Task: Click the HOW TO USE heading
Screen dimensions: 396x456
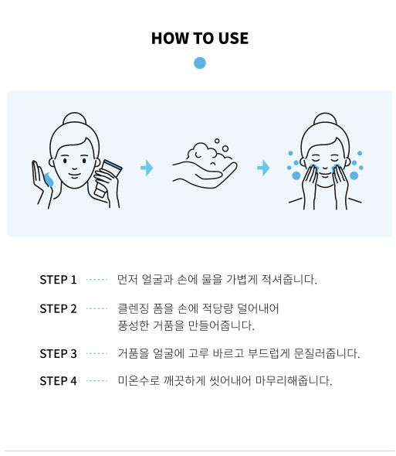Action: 200,39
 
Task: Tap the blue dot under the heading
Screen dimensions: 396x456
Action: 200,63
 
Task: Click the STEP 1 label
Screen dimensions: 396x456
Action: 58,280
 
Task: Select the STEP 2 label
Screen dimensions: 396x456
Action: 58,308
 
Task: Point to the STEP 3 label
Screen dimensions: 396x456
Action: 58,354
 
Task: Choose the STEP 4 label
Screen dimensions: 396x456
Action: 58,381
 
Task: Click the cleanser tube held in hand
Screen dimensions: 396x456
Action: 108,178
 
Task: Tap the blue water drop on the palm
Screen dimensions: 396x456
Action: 49,179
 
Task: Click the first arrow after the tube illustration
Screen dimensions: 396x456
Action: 147,168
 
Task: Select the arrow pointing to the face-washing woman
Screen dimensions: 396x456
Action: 263,168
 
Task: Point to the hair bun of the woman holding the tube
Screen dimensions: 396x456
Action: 75,118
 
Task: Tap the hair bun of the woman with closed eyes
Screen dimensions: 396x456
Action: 325,118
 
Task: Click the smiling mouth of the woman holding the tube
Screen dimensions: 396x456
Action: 74,175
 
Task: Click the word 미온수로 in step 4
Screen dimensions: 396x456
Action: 139,381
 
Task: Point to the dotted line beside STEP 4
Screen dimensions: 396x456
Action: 96,381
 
